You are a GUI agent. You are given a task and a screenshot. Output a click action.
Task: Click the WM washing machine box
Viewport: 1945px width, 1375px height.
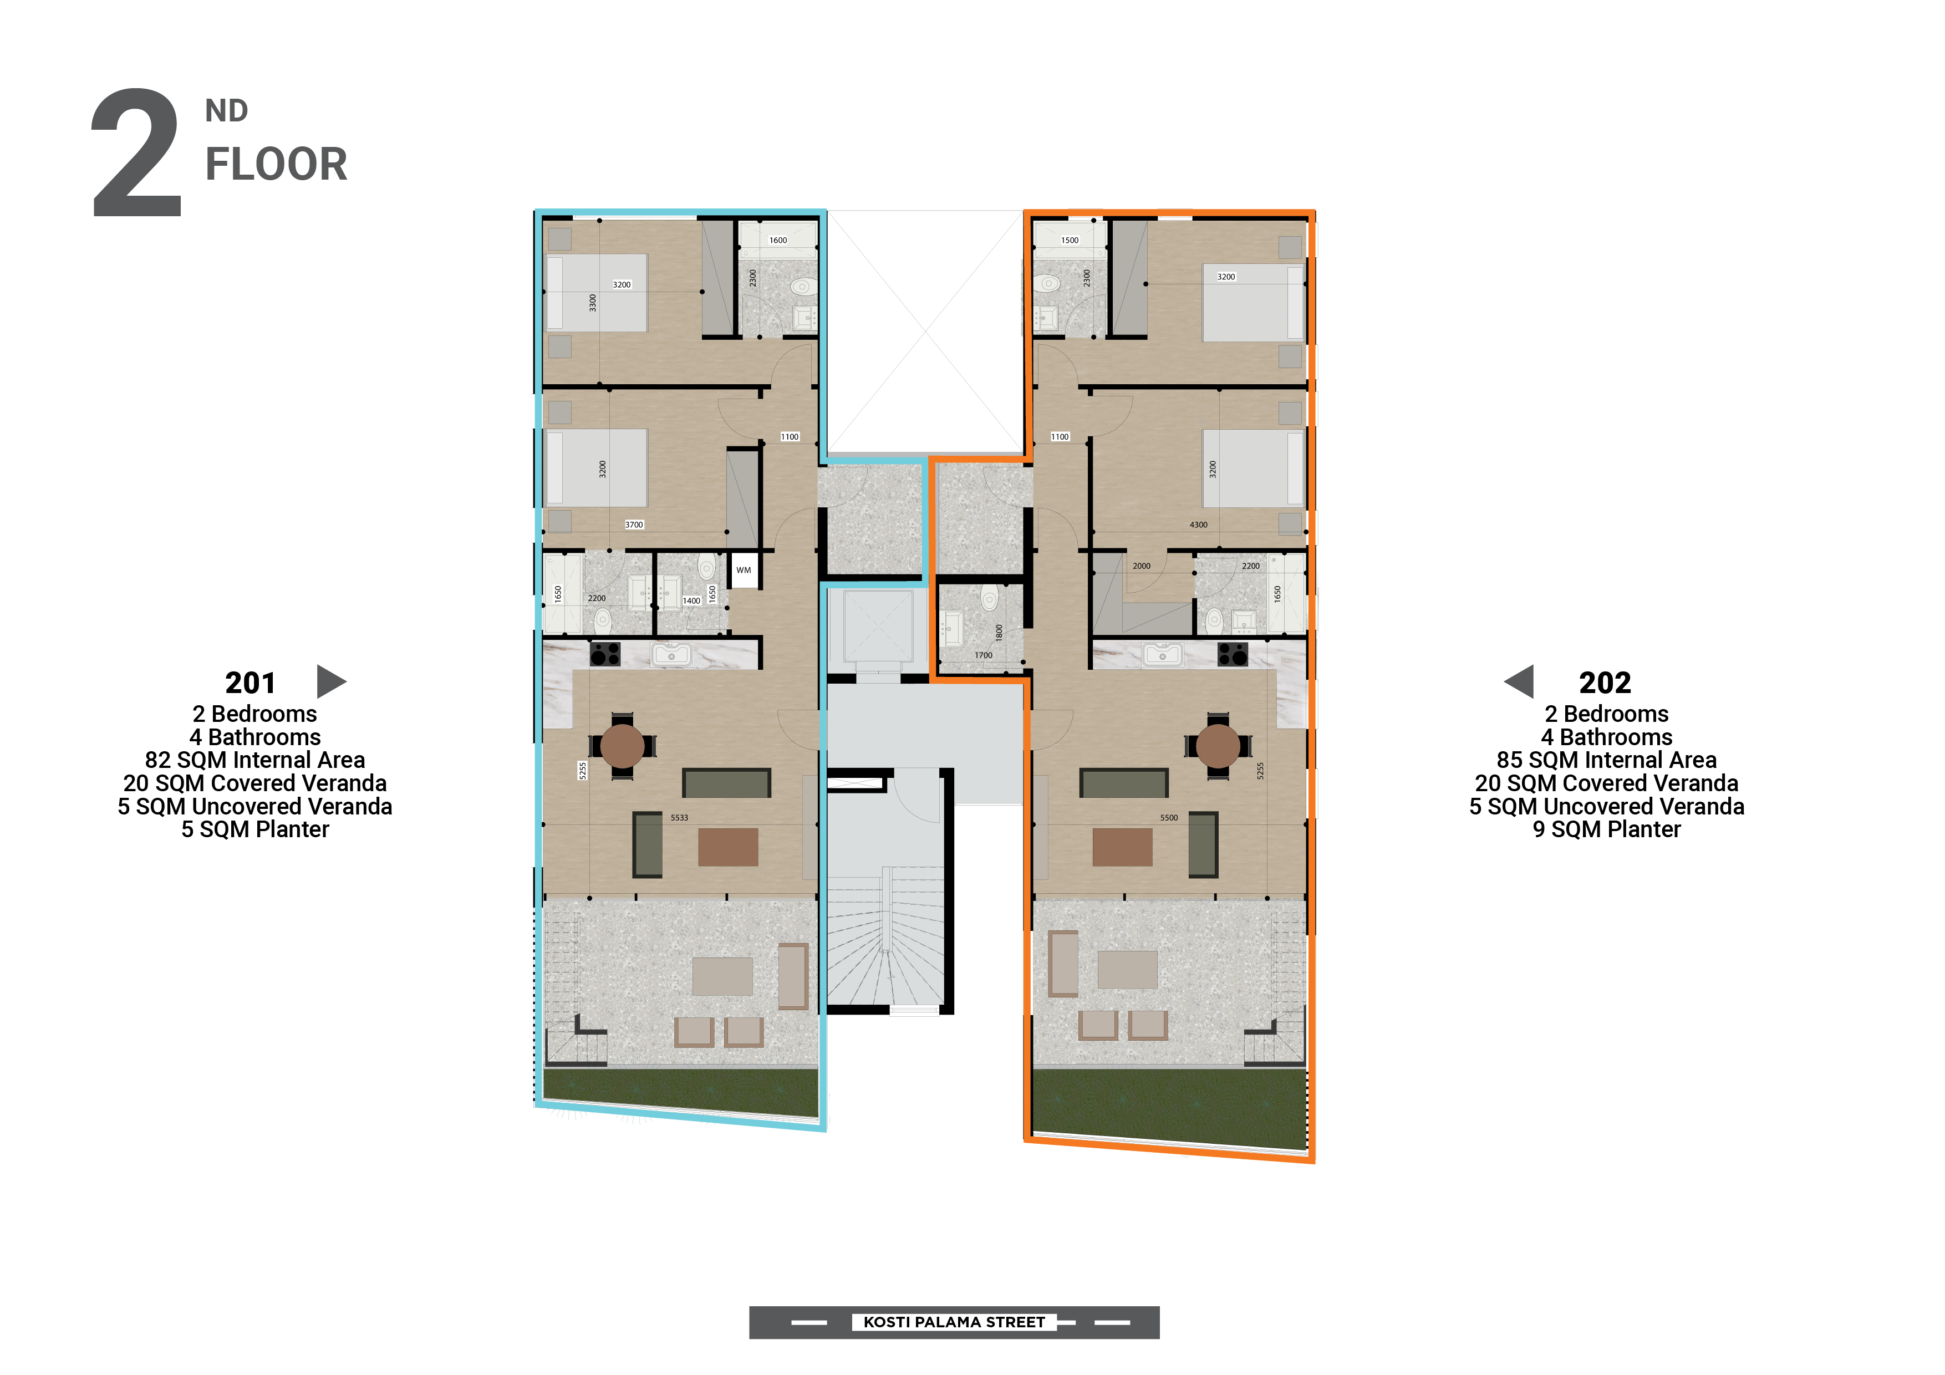tap(744, 570)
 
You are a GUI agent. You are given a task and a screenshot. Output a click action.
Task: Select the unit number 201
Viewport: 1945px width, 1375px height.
tap(250, 683)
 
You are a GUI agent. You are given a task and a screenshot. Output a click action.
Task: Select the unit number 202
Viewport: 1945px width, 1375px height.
tap(1605, 683)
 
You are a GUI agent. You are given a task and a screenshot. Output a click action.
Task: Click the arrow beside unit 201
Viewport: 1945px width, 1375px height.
tap(330, 681)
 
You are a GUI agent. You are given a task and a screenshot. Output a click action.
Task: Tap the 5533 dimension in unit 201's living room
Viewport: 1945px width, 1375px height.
tap(679, 818)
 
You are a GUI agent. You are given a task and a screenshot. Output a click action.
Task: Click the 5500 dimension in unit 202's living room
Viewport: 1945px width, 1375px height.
tap(1169, 818)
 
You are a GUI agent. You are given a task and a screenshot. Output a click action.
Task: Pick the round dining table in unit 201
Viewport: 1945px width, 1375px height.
tap(623, 746)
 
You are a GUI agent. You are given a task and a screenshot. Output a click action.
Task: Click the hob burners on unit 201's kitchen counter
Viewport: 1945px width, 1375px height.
tap(605, 654)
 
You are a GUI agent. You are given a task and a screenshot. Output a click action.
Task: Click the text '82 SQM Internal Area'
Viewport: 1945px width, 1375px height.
tap(255, 760)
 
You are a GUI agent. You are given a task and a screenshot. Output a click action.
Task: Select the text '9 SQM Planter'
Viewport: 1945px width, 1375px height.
tap(1607, 829)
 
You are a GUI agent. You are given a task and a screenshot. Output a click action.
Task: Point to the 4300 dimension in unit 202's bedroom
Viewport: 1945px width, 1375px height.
tap(1199, 525)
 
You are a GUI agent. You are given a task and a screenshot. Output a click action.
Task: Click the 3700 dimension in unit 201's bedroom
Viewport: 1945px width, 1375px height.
tap(634, 525)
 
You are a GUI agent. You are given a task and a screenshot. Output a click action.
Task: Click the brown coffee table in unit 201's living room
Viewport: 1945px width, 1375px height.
tap(727, 847)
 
